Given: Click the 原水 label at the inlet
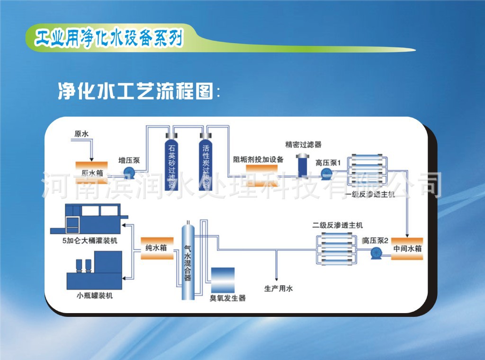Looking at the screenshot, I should [x=81, y=134].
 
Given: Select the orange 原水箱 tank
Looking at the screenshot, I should [x=92, y=170].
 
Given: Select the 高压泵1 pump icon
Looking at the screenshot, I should [x=326, y=174].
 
